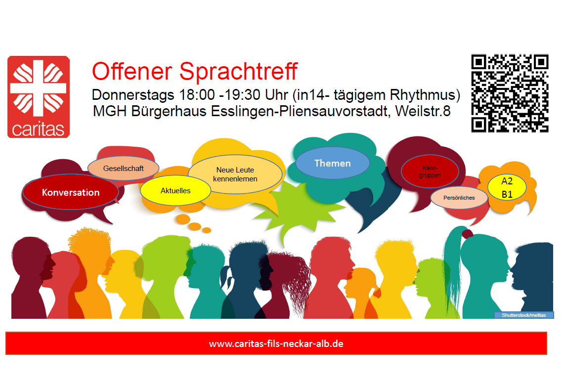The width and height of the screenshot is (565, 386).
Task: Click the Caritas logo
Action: point(39,96)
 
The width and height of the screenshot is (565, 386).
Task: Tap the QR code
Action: point(510,93)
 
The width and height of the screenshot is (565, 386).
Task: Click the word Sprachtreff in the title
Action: point(239,71)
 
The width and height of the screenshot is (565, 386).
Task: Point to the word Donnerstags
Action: point(133,95)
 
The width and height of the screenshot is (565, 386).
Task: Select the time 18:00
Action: point(197,95)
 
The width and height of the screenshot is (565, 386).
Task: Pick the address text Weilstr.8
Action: point(423,111)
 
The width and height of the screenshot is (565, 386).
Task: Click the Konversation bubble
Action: point(71,192)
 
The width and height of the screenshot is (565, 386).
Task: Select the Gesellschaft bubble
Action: point(123,169)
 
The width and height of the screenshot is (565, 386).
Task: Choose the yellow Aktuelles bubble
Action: point(175,191)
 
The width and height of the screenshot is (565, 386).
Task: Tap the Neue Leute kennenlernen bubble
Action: point(235,174)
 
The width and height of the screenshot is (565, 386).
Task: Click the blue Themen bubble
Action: point(332,163)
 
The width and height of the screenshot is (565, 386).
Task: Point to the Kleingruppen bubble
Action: point(430,172)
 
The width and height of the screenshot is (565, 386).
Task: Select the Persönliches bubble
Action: point(459,198)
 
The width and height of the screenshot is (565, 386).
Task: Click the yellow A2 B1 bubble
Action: point(507,187)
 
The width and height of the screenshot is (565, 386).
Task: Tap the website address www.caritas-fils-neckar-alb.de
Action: point(276,343)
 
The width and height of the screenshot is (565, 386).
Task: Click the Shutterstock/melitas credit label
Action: point(523,315)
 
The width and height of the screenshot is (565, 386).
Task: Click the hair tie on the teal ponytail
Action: point(467,234)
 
